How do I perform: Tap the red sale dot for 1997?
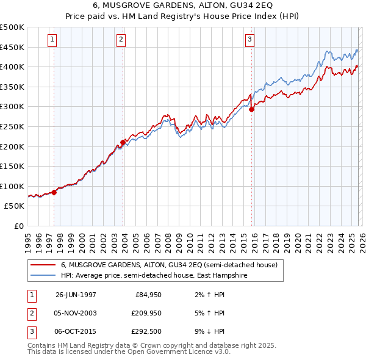click(x=54, y=192)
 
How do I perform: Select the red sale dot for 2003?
click(x=123, y=142)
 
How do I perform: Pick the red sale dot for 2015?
click(x=251, y=110)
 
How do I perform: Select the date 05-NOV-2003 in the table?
click(x=76, y=313)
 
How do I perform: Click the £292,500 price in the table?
click(x=146, y=331)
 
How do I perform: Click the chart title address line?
click(x=183, y=6)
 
